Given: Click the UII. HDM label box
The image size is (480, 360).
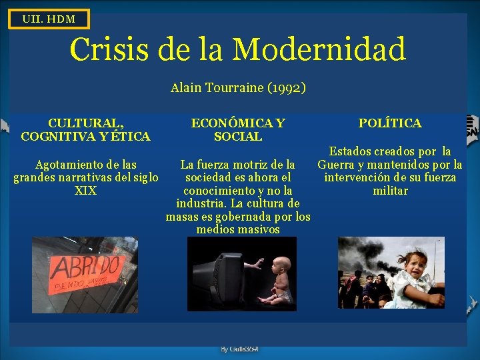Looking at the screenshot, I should click(x=48, y=19).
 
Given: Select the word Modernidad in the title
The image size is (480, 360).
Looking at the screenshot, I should click(x=319, y=49).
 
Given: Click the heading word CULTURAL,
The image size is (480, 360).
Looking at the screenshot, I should click(x=85, y=123).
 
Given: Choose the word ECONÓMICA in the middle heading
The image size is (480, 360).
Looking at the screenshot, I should click(x=229, y=123).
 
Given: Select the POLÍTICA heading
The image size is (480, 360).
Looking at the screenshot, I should click(x=389, y=123).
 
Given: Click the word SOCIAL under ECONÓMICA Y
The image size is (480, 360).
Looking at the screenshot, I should click(x=238, y=137).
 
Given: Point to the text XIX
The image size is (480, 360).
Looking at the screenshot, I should click(x=86, y=191).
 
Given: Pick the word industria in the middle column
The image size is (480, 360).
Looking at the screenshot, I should click(x=203, y=203).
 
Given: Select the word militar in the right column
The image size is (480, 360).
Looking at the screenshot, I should click(x=390, y=191).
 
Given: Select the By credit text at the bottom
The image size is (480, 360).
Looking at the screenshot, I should click(x=239, y=349).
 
